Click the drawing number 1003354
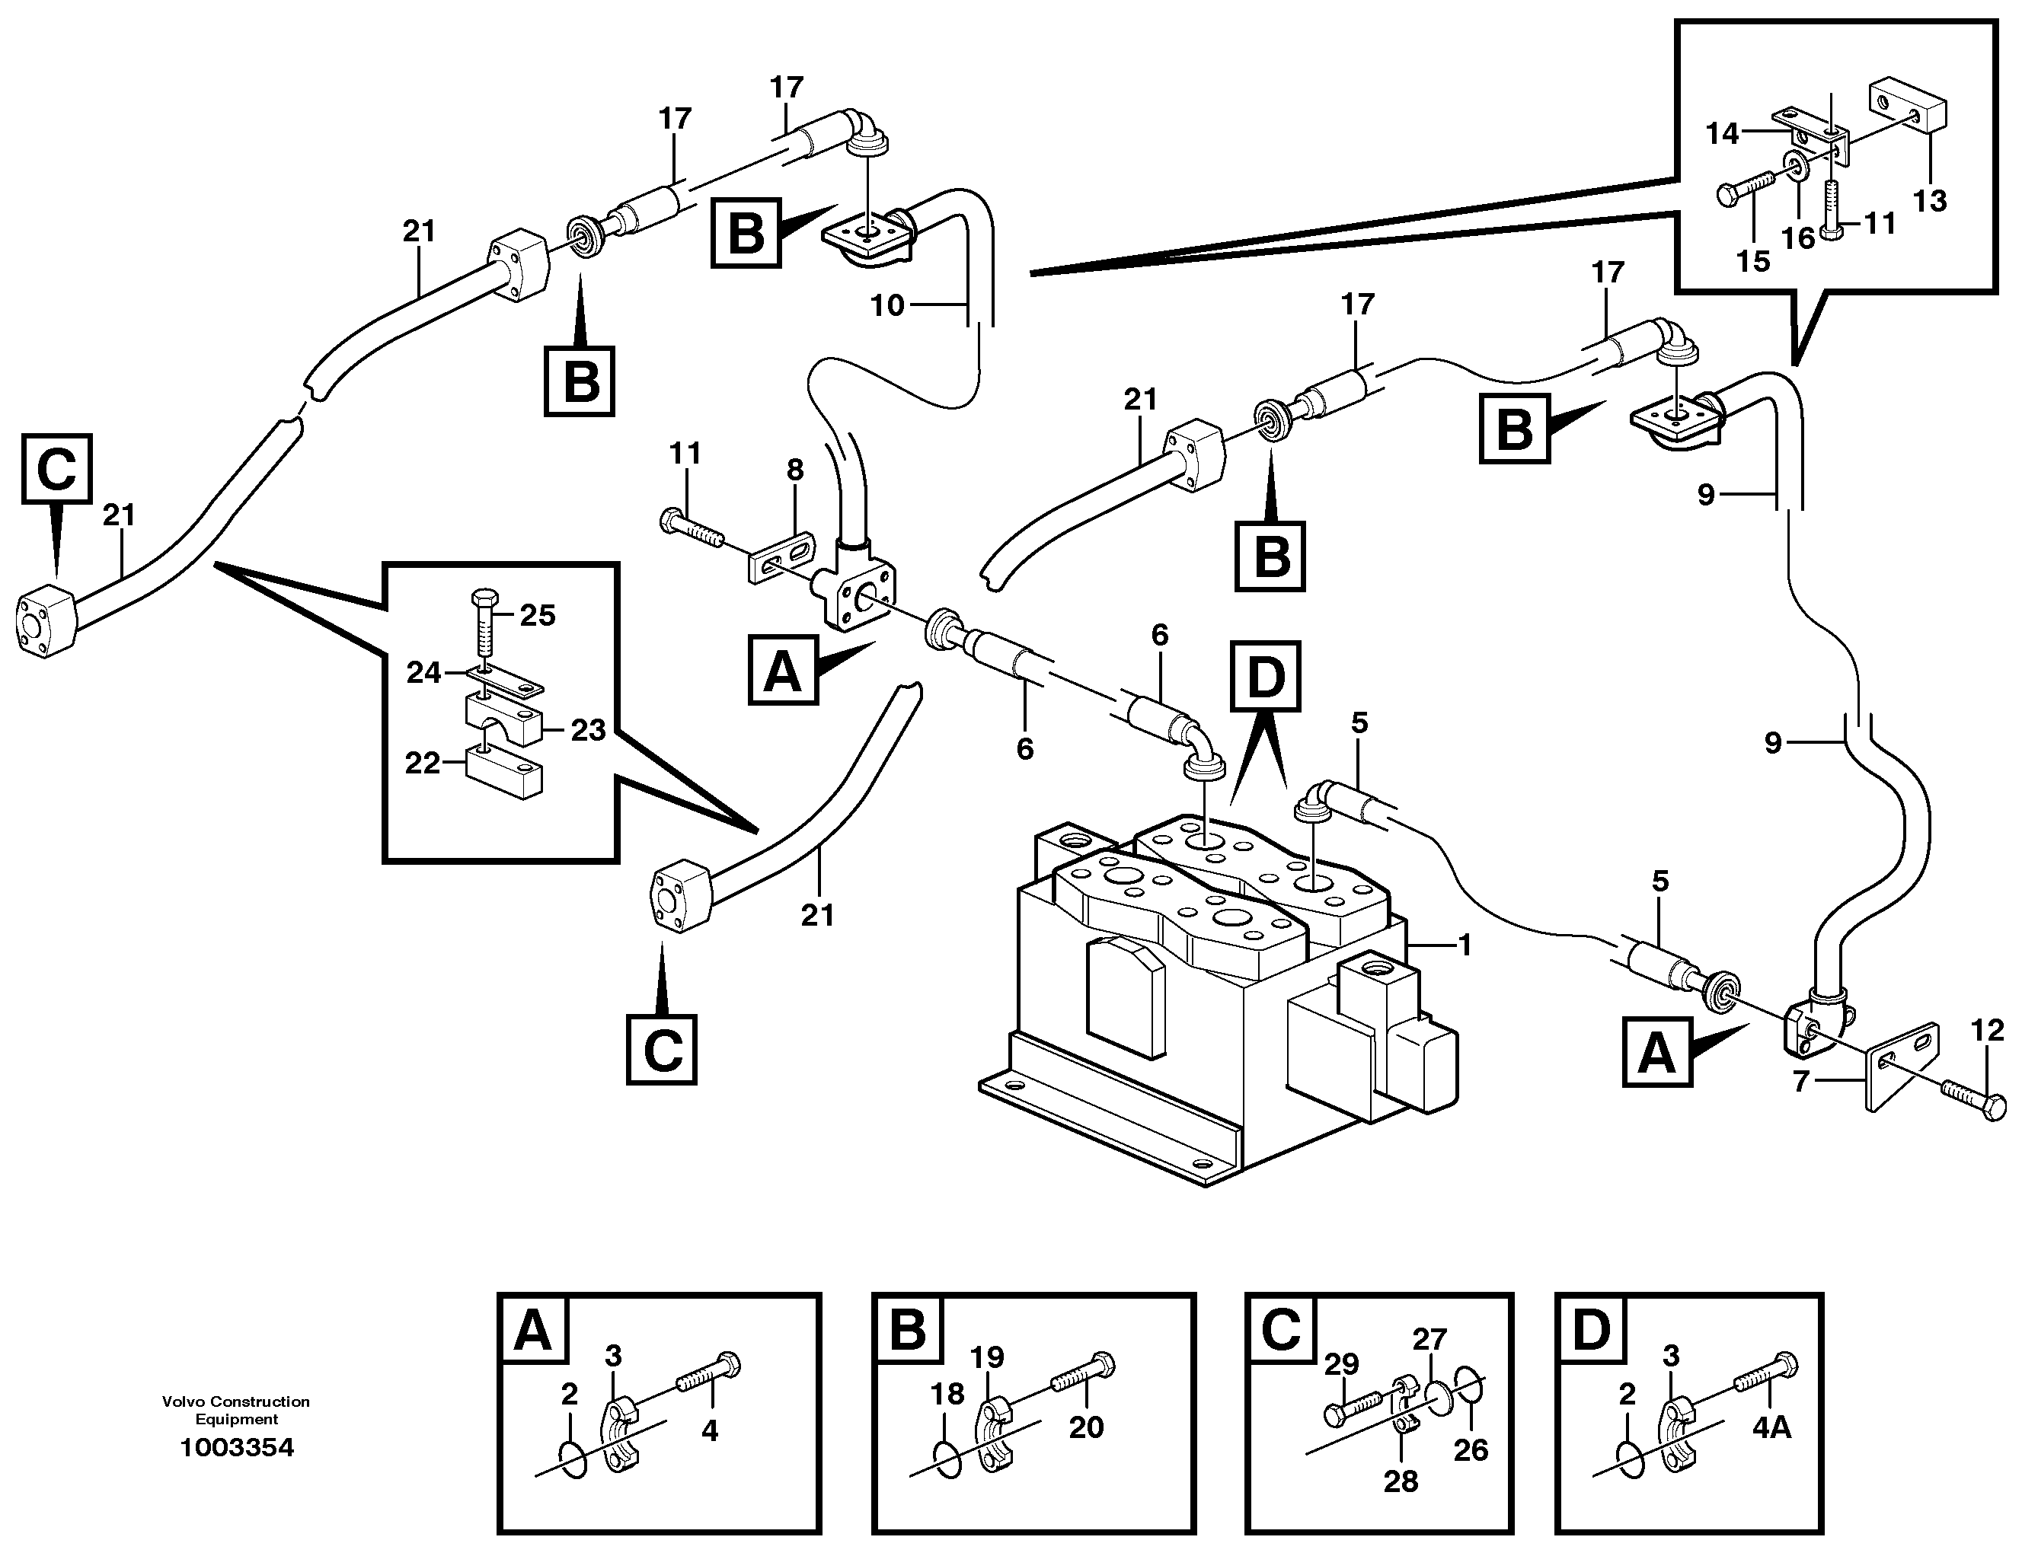pos(236,1448)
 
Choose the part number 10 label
pos(887,305)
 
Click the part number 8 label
pos(794,470)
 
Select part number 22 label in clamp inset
pos(422,764)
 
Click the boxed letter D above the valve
pos(1266,677)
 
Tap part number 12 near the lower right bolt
pos(1987,1029)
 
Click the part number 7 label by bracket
pos(1800,1081)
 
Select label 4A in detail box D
pos(1771,1428)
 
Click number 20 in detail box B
pos(1086,1427)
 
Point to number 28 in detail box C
pos(1400,1481)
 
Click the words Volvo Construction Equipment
pos(236,1410)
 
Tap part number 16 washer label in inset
pos(1798,238)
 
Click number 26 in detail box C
pos(1470,1449)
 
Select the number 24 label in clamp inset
pos(423,673)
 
